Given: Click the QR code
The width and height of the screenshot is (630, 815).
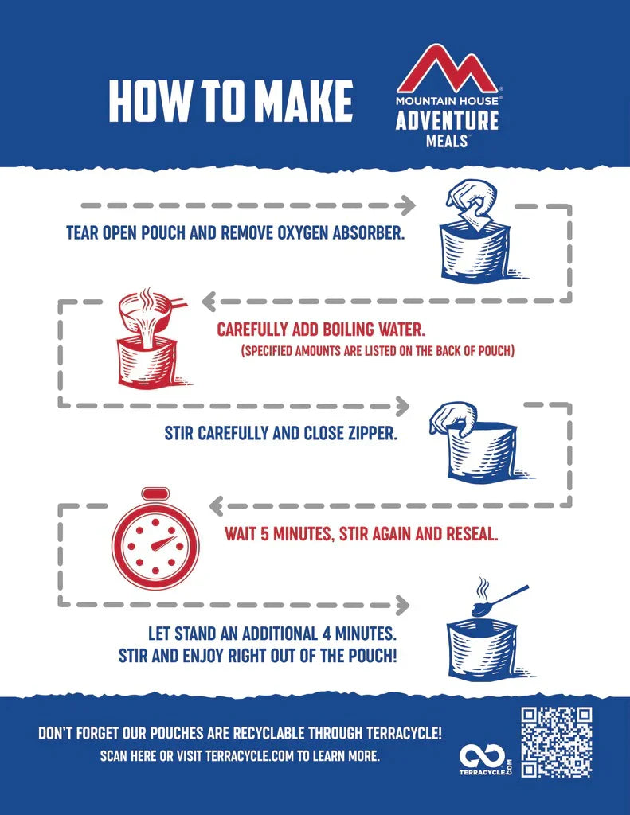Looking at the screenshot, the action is [556, 743].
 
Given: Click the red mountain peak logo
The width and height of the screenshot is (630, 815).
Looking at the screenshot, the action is [447, 69].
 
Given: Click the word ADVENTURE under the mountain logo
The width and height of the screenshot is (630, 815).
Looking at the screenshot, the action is [447, 120].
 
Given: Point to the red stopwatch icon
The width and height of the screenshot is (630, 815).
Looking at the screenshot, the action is [155, 537].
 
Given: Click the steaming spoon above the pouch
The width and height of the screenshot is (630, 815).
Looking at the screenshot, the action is [500, 597].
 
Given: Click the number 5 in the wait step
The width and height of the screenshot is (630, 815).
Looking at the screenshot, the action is [264, 534].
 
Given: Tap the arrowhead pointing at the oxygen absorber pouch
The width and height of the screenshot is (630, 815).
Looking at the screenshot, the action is [406, 205].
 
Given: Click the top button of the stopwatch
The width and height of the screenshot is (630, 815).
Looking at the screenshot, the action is [155, 493].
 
